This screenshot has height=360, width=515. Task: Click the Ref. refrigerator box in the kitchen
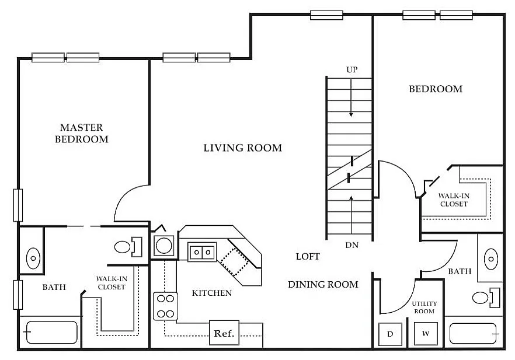point(224,333)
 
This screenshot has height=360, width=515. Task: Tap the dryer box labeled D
point(390,334)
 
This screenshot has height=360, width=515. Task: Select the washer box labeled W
point(426,333)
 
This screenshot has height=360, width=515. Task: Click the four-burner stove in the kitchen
point(166,306)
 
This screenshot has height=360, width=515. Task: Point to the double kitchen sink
point(202,252)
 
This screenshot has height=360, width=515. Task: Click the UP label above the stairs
point(352,69)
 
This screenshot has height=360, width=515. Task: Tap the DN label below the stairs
point(352,245)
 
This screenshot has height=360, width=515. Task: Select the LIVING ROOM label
point(243,148)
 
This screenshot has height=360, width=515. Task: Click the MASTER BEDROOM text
point(82,133)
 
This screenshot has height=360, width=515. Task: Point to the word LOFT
point(308,257)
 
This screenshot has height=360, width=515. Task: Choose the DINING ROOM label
point(323,285)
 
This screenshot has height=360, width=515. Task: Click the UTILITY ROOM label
point(424,307)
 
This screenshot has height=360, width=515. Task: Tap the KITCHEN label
point(212,293)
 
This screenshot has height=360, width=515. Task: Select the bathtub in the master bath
point(51,333)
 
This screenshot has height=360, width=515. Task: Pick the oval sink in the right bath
point(490,259)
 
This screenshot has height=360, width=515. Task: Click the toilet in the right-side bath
point(486,298)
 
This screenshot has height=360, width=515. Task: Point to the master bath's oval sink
point(33,258)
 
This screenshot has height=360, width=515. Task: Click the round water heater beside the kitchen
point(163,246)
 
